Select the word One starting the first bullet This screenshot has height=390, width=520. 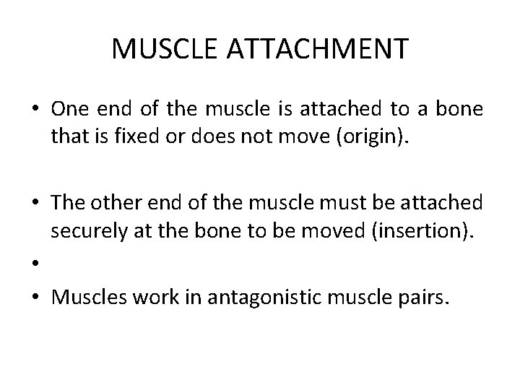70,110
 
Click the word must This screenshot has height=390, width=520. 347,203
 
